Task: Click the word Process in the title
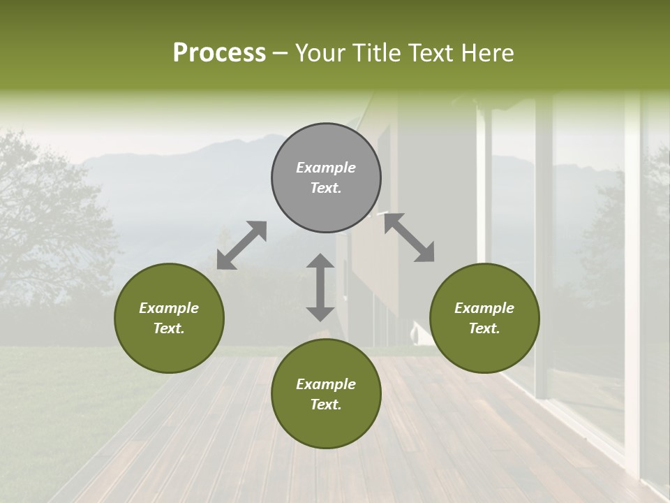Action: [x=219, y=53]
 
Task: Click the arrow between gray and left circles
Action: [x=241, y=245]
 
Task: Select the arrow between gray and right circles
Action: [x=410, y=238]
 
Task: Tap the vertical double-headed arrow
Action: [x=320, y=287]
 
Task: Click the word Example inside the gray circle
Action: [x=326, y=168]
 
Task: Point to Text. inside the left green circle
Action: [x=169, y=328]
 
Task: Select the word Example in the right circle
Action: [x=484, y=308]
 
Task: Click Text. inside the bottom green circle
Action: [x=326, y=404]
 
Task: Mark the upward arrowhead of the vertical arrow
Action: [x=320, y=261]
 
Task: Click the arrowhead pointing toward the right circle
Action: [x=425, y=253]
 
